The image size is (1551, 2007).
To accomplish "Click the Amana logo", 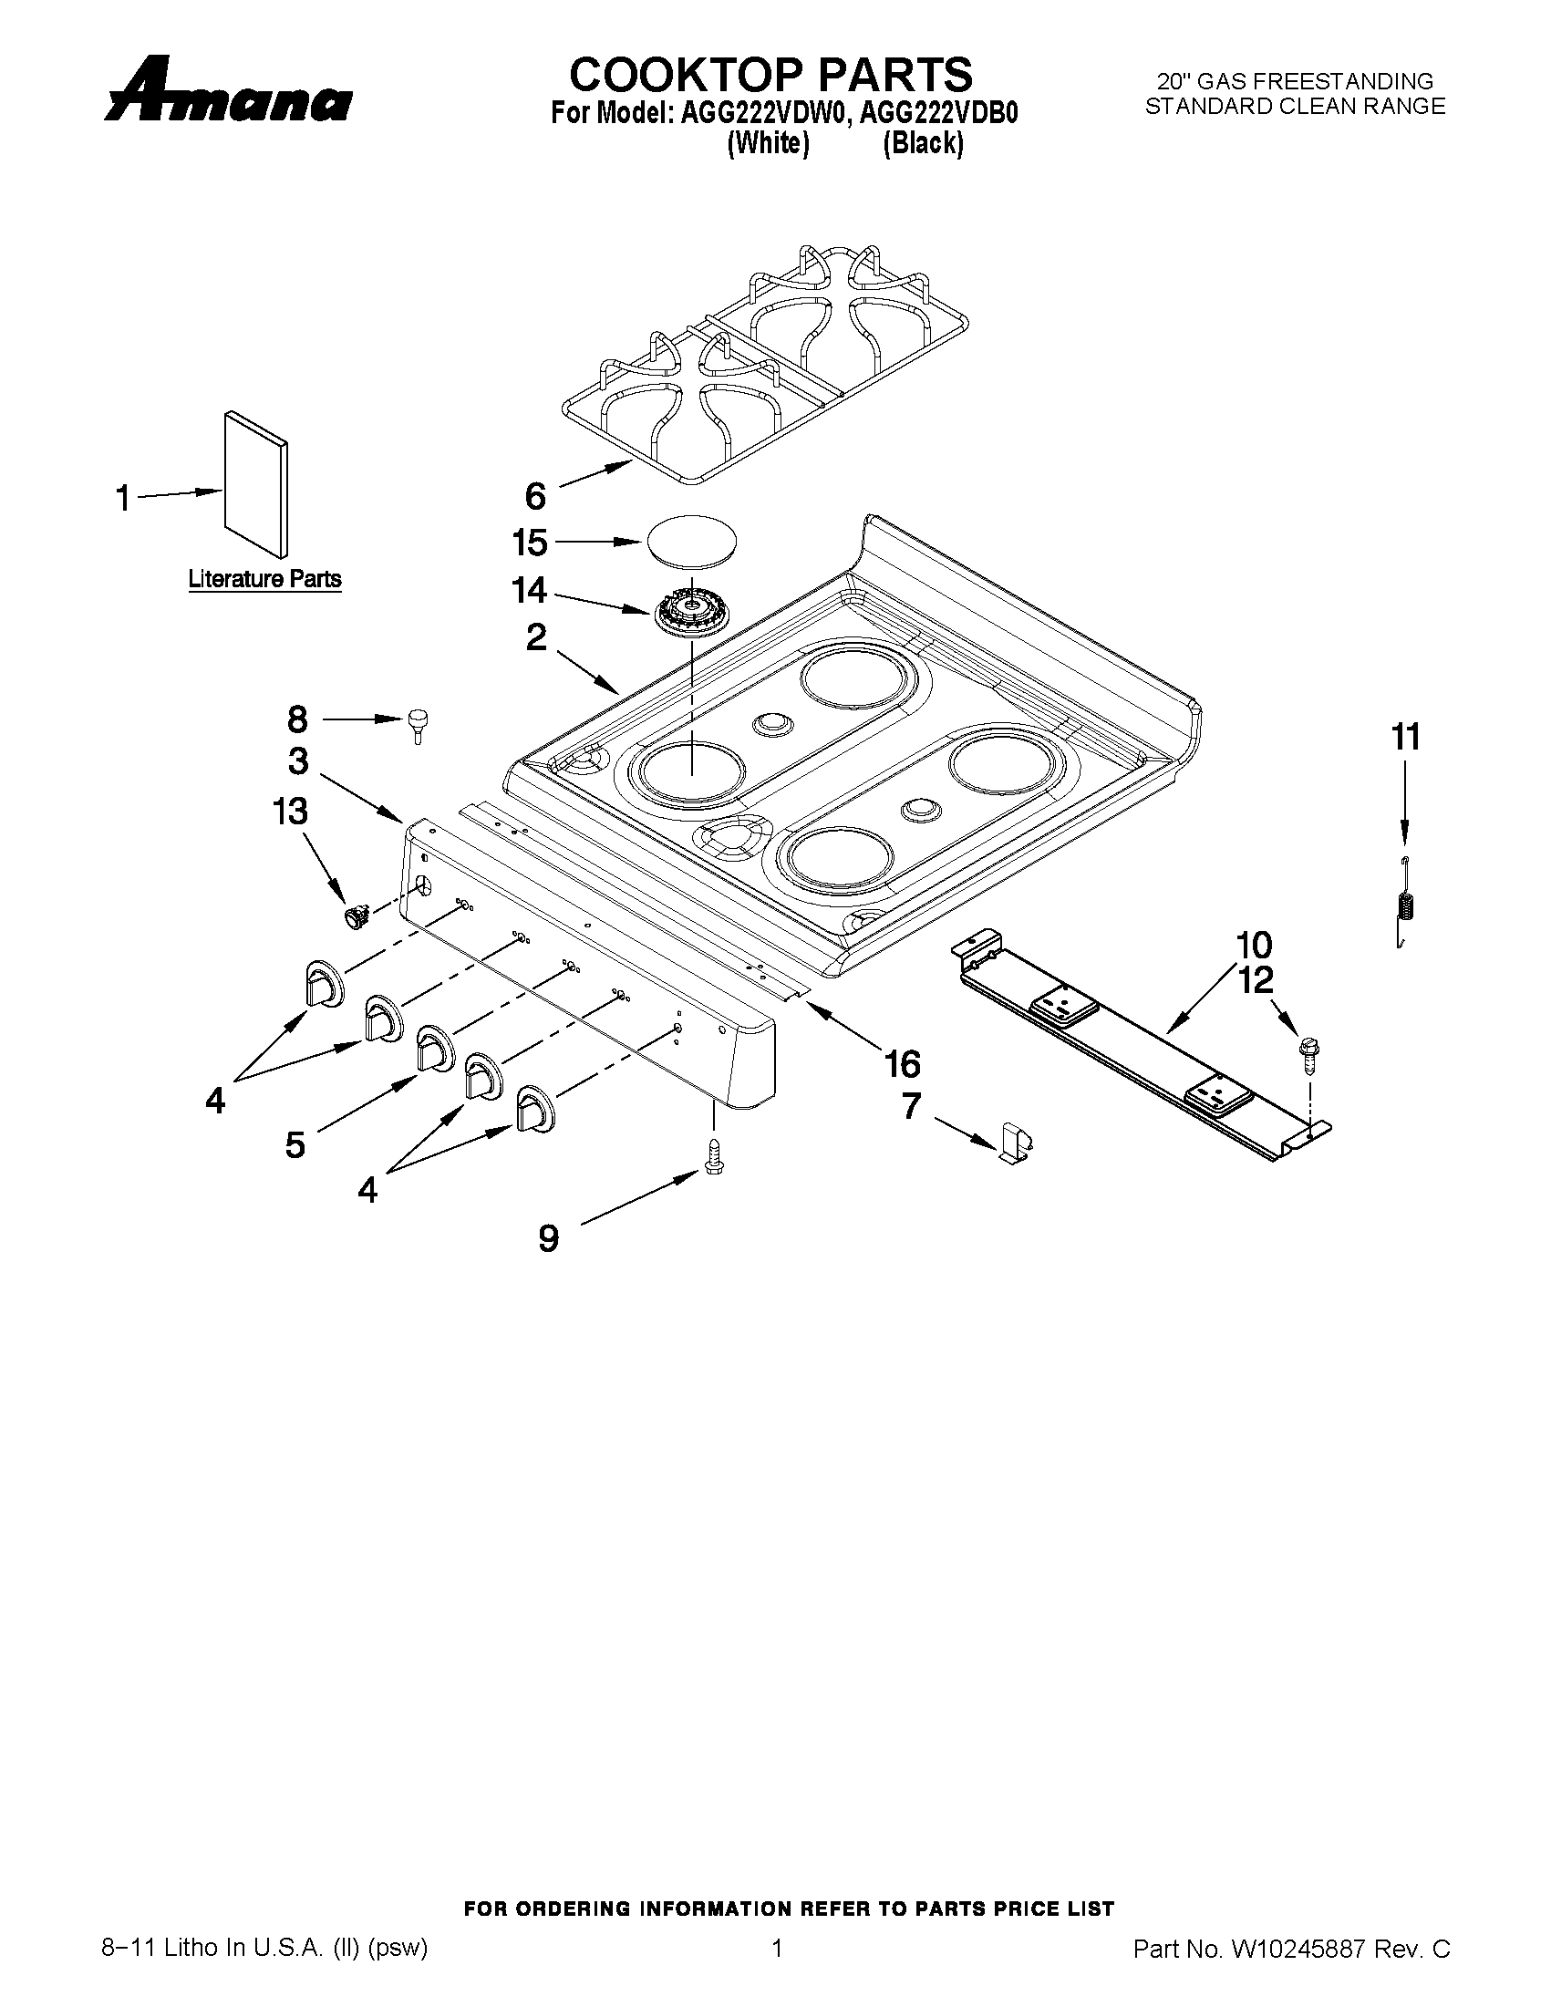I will (x=228, y=92).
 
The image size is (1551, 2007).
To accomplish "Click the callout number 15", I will (x=530, y=543).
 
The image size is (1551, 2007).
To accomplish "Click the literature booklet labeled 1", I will (x=255, y=483).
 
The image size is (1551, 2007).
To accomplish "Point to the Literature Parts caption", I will (x=264, y=579).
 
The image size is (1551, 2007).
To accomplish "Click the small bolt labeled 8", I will (x=419, y=725).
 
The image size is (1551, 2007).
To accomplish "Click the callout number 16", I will (x=902, y=1064).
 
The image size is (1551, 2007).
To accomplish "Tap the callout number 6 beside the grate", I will (x=535, y=496).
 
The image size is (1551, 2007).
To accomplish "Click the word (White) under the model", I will (x=767, y=144).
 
